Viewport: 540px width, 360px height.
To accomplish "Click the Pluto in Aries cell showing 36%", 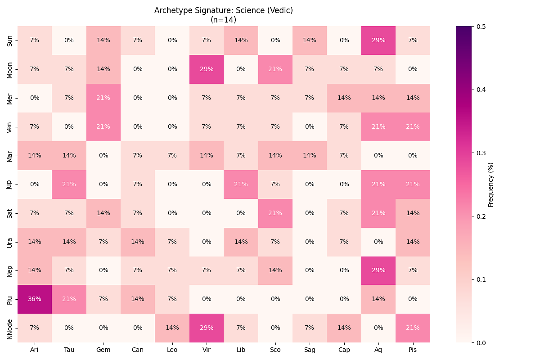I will click(35, 299).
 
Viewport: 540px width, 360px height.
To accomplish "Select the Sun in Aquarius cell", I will click(378, 40).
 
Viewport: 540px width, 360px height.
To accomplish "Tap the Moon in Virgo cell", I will click(207, 69).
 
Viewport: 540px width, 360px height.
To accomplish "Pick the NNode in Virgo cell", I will click(207, 328).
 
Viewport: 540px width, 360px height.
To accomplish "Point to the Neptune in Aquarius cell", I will click(378, 270).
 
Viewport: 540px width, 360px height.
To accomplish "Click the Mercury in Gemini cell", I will click(103, 98).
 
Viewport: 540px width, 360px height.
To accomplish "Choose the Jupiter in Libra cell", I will click(241, 184).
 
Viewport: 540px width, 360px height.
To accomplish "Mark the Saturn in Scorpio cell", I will click(275, 213).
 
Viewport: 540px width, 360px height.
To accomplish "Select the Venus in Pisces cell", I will click(413, 127).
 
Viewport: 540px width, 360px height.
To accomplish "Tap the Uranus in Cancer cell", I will click(138, 242).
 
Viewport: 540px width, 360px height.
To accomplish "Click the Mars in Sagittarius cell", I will click(310, 156).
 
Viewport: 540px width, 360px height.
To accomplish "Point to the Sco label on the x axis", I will click(275, 350).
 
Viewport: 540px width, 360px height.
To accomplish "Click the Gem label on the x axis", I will click(103, 350).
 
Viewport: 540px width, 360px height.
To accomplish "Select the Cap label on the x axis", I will click(344, 350).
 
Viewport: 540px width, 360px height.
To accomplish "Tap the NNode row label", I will click(10, 328).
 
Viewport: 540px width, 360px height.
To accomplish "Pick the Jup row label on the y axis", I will click(10, 184).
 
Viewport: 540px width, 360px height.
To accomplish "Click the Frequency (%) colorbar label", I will click(491, 184).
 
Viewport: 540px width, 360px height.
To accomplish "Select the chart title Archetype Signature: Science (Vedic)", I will click(224, 10).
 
